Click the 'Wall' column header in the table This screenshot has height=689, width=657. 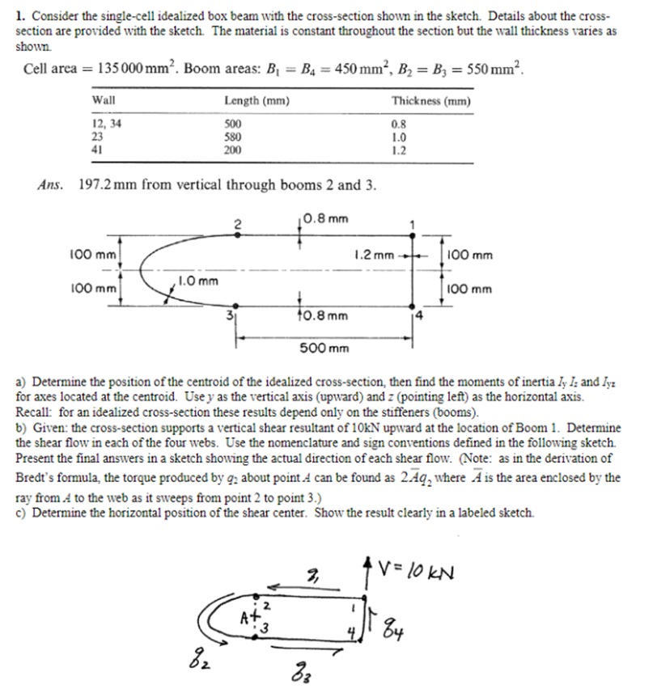(x=104, y=101)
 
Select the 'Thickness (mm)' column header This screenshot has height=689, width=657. (x=430, y=101)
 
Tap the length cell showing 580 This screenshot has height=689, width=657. (x=233, y=137)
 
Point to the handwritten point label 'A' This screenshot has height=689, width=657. (x=243, y=620)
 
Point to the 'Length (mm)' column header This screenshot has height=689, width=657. (x=256, y=101)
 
